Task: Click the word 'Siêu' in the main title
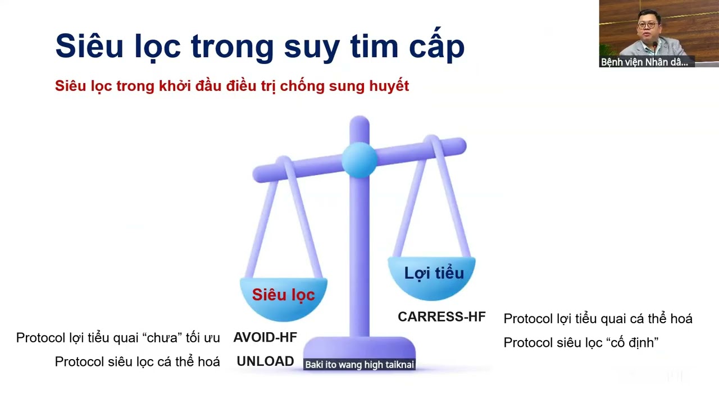tap(89, 46)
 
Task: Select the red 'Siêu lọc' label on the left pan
tap(283, 295)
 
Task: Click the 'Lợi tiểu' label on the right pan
tap(434, 273)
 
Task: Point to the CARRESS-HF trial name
tap(442, 317)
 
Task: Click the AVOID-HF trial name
tap(265, 338)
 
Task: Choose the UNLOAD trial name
tap(265, 362)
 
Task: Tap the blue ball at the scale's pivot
tap(359, 159)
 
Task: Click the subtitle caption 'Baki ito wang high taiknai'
tap(359, 365)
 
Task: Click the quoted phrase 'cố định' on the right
tap(631, 342)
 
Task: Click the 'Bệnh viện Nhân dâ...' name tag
tap(644, 62)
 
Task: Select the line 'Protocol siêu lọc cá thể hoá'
tap(137, 362)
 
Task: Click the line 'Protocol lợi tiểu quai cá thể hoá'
tap(598, 319)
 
